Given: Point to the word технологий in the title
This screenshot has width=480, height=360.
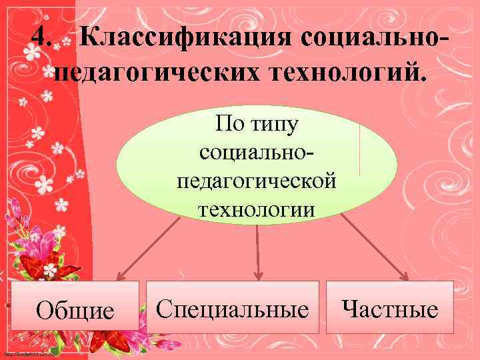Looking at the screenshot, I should [340, 73].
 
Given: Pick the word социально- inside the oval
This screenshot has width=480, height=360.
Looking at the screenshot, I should [257, 153].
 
